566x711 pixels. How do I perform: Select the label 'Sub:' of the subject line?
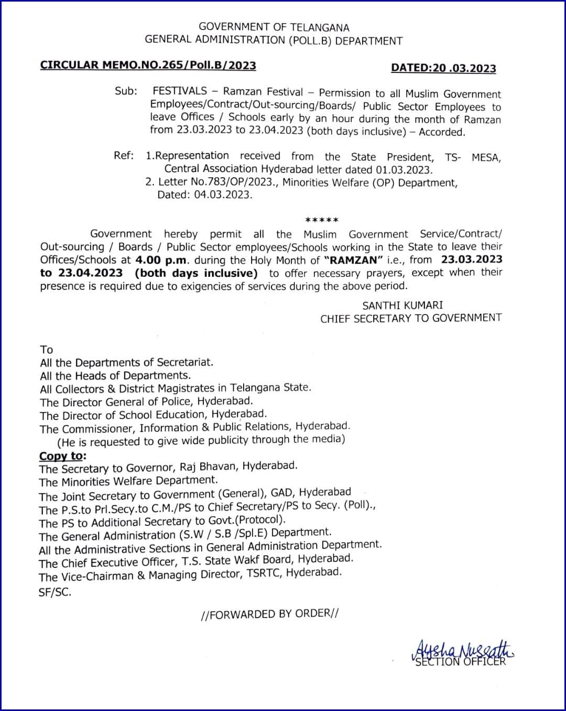pyautogui.click(x=126, y=91)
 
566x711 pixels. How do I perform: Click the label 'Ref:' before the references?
pyautogui.click(x=124, y=156)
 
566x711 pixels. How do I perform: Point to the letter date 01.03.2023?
pyautogui.click(x=404, y=170)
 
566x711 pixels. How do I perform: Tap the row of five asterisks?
pyautogui.click(x=322, y=220)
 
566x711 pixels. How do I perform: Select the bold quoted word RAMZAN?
pyautogui.click(x=354, y=260)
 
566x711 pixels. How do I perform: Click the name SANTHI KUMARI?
pyautogui.click(x=402, y=305)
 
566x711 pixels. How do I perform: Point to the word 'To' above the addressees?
pyautogui.click(x=47, y=350)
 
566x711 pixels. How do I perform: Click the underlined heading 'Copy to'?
pyautogui.click(x=61, y=456)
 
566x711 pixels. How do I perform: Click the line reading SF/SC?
pyautogui.click(x=55, y=592)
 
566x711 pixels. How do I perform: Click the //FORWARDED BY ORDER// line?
pyautogui.click(x=269, y=614)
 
